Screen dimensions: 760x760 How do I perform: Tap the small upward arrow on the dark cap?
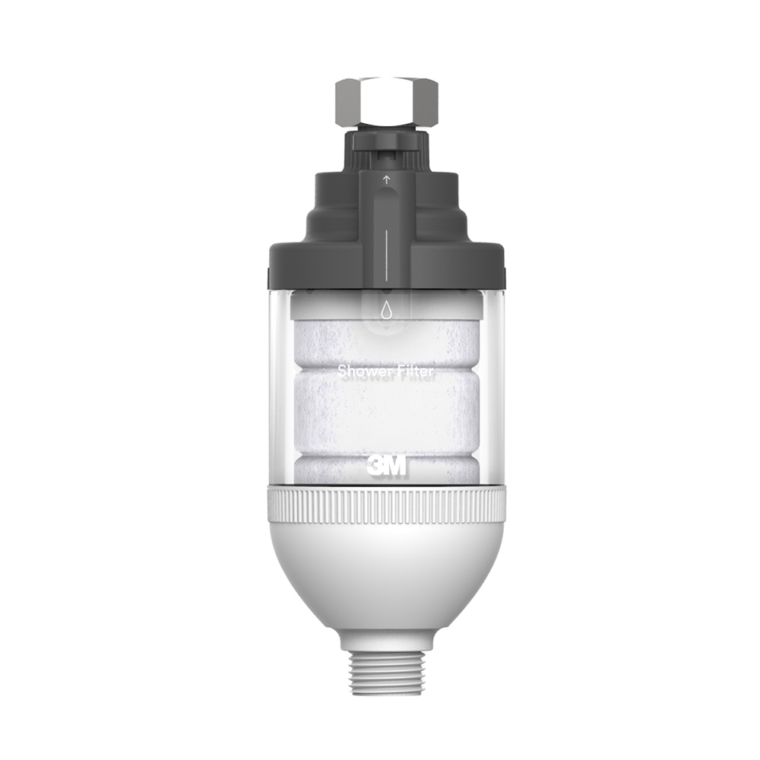click(x=386, y=180)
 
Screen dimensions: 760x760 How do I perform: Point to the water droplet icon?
click(x=386, y=310)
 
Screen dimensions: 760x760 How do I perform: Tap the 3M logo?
click(x=386, y=466)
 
